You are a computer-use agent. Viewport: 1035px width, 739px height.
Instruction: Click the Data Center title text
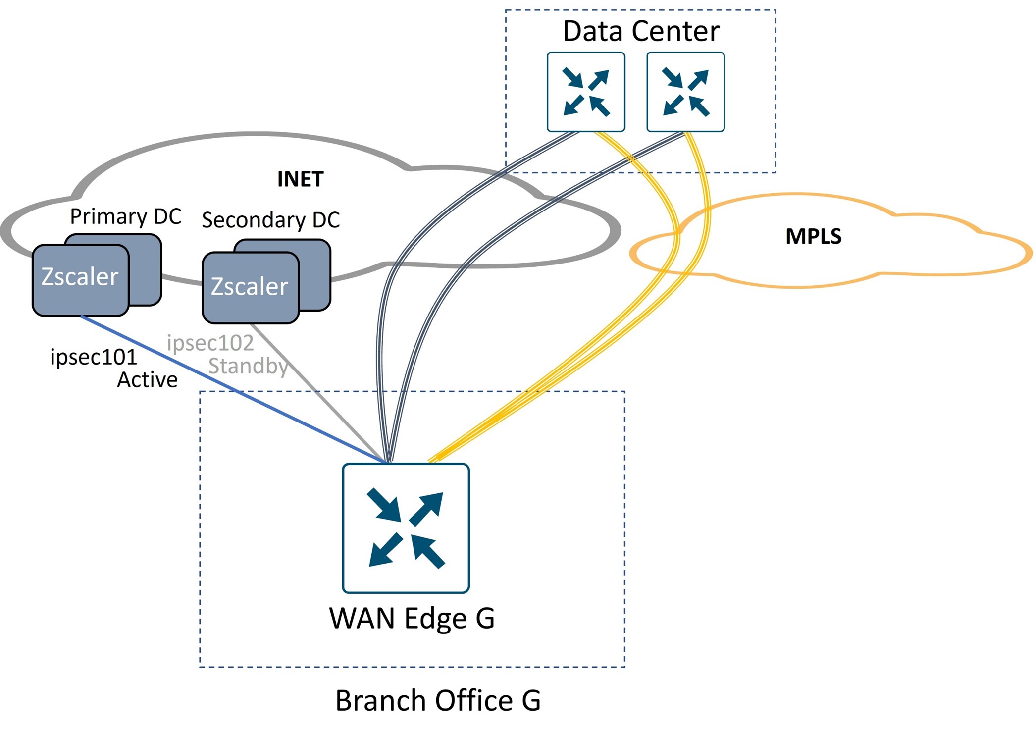pyautogui.click(x=641, y=31)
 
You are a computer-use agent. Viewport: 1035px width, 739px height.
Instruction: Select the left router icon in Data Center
pyautogui.click(x=586, y=92)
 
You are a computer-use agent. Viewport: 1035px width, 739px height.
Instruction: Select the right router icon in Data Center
pyautogui.click(x=685, y=92)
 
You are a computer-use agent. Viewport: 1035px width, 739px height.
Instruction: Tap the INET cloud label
pyautogui.click(x=300, y=179)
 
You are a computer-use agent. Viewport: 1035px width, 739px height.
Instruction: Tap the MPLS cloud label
pyautogui.click(x=813, y=236)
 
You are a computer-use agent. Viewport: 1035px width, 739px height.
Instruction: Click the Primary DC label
pyautogui.click(x=125, y=216)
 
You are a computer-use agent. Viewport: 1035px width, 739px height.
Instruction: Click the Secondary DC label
pyautogui.click(x=270, y=220)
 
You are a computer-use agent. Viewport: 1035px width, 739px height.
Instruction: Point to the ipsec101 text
pyautogui.click(x=93, y=357)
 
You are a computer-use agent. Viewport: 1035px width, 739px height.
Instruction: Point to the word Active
pyautogui.click(x=147, y=380)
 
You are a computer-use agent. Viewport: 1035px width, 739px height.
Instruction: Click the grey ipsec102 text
pyautogui.click(x=210, y=343)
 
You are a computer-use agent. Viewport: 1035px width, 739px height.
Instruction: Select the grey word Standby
pyautogui.click(x=248, y=366)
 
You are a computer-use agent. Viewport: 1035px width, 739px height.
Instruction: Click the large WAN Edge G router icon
pyautogui.click(x=406, y=528)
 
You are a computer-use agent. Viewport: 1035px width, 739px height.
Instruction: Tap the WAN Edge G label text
pyautogui.click(x=412, y=618)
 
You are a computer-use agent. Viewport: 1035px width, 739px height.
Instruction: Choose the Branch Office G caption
pyautogui.click(x=438, y=700)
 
